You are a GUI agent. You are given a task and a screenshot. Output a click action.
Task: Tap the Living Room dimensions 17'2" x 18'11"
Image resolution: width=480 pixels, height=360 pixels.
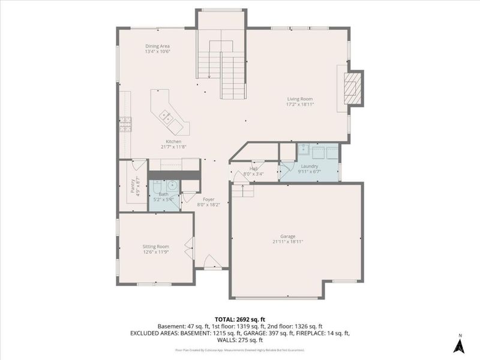click(299, 104)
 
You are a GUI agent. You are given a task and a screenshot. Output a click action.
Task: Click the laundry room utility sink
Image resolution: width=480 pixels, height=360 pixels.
click(304, 149)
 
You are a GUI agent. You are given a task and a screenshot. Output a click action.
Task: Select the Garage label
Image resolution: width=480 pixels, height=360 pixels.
click(287, 236)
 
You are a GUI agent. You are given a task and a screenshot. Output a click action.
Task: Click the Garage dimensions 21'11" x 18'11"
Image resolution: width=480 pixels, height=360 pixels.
click(287, 242)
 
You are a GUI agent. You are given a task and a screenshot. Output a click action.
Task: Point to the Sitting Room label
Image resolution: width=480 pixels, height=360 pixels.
click(155, 246)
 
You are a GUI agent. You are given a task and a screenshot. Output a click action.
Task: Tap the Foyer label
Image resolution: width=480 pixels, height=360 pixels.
click(208, 199)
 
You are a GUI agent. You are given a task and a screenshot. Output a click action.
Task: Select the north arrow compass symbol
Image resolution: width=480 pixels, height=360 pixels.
click(459, 343)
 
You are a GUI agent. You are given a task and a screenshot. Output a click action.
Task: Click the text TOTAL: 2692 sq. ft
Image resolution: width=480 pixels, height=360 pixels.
click(239, 319)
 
